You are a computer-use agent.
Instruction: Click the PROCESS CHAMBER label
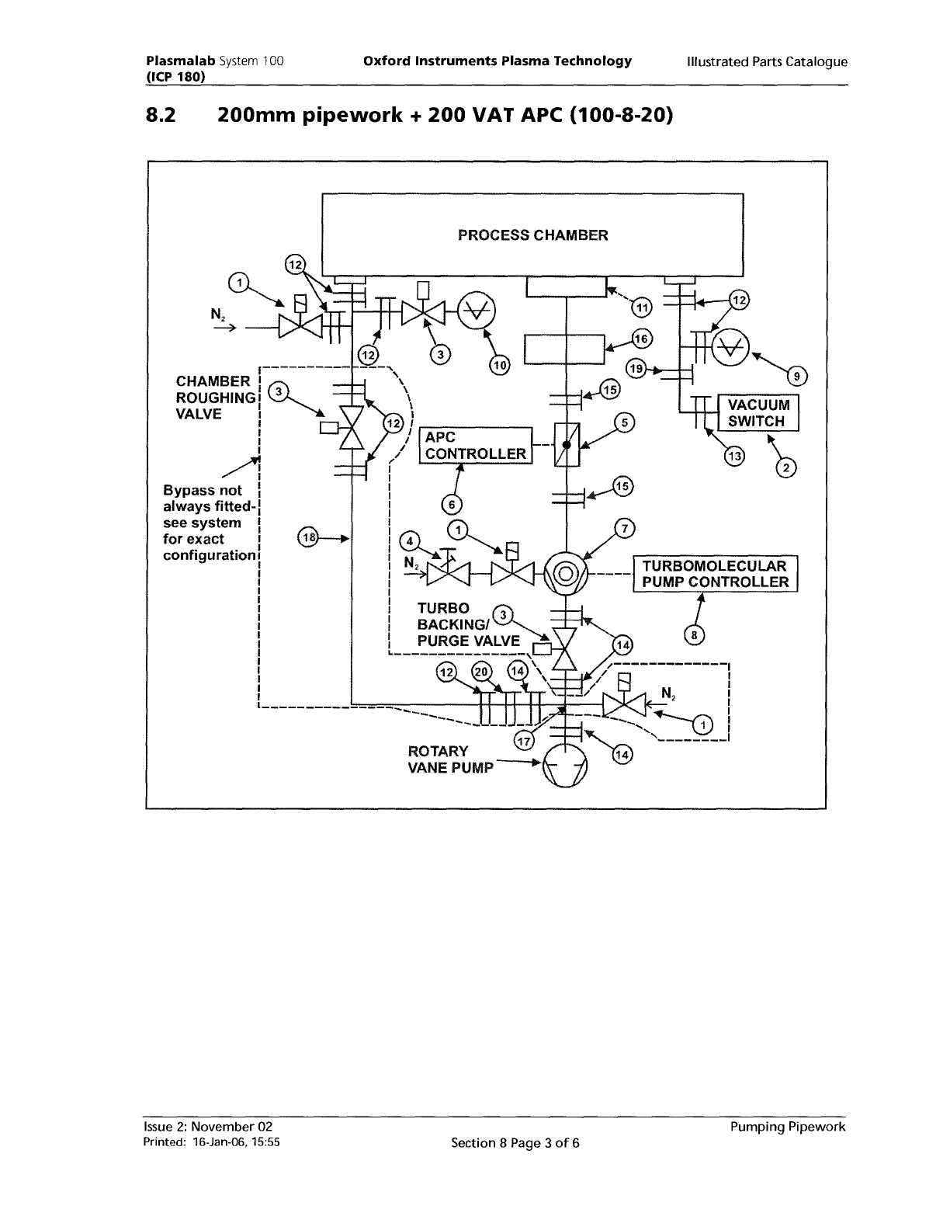point(532,235)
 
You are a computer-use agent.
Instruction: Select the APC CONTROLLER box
point(475,446)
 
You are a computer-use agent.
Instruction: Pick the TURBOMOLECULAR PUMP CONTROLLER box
point(715,574)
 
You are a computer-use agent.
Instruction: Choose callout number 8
point(695,636)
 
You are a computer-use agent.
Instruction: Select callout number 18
point(308,537)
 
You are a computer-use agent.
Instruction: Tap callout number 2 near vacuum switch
point(786,467)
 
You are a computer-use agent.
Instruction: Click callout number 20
point(481,672)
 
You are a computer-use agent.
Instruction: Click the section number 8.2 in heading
point(161,117)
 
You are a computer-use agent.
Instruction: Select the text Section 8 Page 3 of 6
point(515,1142)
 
